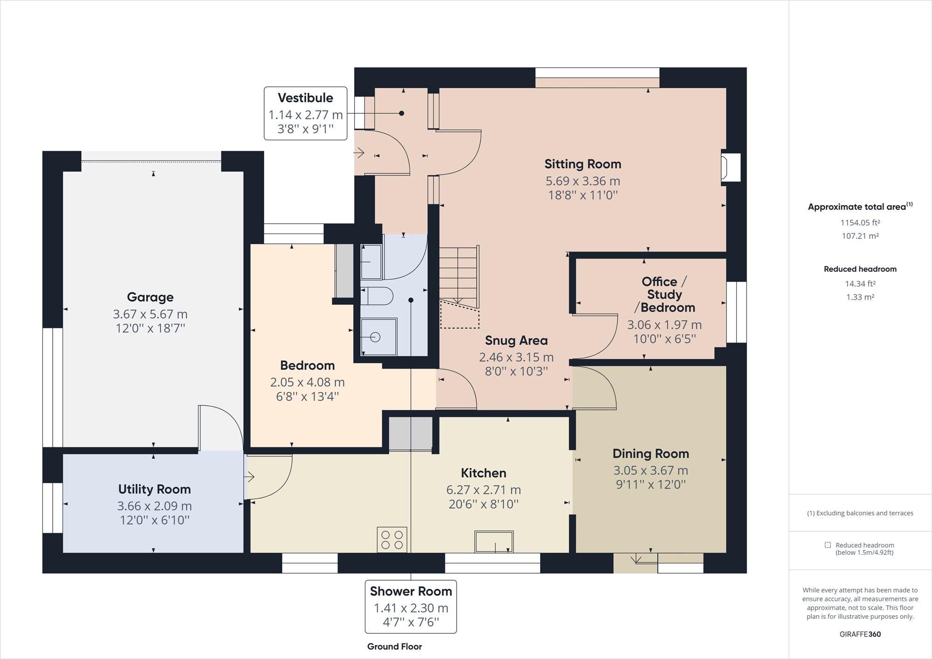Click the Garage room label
pyautogui.click(x=150, y=297)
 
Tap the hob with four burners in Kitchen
pyautogui.click(x=392, y=540)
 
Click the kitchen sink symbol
pyautogui.click(x=494, y=542)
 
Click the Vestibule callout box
pyautogui.click(x=305, y=113)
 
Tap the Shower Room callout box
pyautogui.click(x=411, y=606)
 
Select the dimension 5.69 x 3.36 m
pyautogui.click(x=582, y=181)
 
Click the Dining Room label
pyautogui.click(x=651, y=453)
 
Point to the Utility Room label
pyautogui.click(x=154, y=489)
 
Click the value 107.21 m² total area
pyautogui.click(x=860, y=236)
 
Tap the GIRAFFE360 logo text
pyautogui.click(x=860, y=634)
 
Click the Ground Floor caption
pyautogui.click(x=394, y=646)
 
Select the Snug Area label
pyautogui.click(x=516, y=340)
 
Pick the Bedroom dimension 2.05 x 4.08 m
pyautogui.click(x=307, y=382)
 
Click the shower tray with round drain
pyautogui.click(x=378, y=336)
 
